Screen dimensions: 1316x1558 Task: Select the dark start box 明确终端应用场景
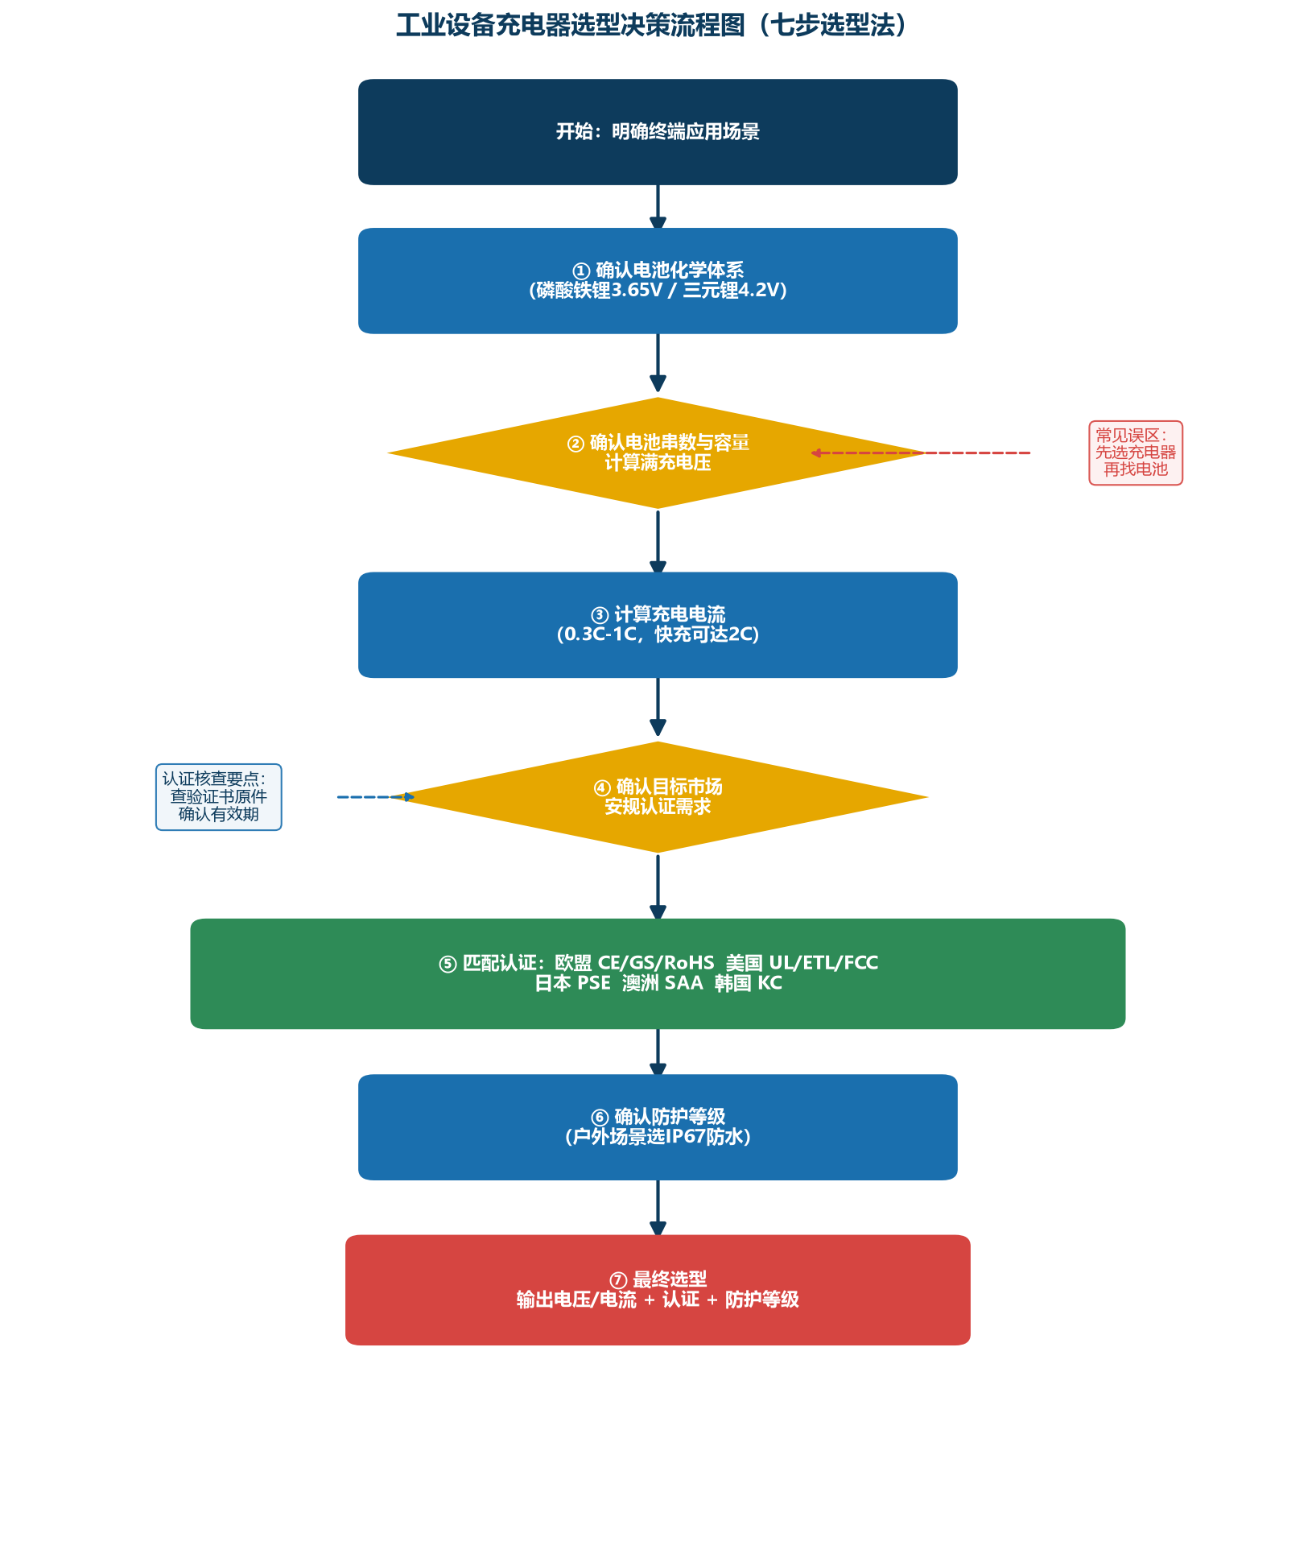(x=658, y=132)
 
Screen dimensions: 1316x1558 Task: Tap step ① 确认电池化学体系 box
(x=658, y=281)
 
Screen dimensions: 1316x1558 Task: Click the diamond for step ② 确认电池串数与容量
(x=658, y=453)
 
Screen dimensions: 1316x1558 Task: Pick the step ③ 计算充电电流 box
(x=658, y=625)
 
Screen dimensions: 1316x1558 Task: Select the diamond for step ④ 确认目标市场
(x=658, y=797)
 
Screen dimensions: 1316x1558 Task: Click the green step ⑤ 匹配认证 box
(x=658, y=973)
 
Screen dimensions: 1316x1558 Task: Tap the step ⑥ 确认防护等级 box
(x=658, y=1127)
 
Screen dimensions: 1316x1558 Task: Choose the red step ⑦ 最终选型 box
(x=658, y=1290)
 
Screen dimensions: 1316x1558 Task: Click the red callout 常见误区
(x=1136, y=453)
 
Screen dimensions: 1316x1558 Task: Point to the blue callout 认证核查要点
(x=219, y=797)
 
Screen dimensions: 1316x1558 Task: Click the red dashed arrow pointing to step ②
(x=921, y=453)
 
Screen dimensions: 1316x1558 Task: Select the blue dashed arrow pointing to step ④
(x=376, y=797)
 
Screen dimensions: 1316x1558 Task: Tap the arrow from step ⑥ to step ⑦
(x=658, y=1209)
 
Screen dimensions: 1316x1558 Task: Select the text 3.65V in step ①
(x=636, y=291)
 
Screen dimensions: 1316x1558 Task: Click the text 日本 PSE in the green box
(x=572, y=983)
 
